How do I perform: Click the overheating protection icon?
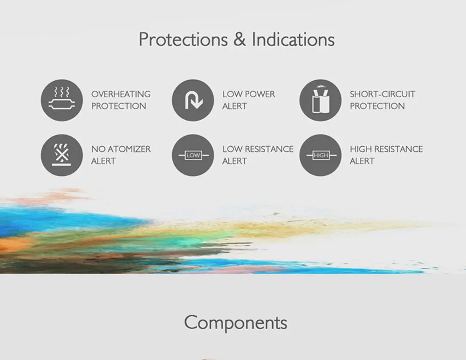[x=62, y=100]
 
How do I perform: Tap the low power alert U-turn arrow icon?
[x=193, y=100]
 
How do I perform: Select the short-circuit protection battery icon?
[x=321, y=100]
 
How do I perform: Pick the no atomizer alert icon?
[x=62, y=155]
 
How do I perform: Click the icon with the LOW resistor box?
[x=193, y=155]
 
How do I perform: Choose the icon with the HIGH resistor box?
[x=321, y=155]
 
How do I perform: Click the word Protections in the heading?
[x=183, y=40]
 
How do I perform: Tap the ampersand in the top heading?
[x=240, y=39]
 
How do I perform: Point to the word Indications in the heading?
[x=293, y=39]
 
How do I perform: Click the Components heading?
[x=236, y=323]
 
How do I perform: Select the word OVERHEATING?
[x=121, y=94]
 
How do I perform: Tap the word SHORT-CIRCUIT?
[x=383, y=94]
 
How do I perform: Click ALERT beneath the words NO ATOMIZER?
[x=103, y=161]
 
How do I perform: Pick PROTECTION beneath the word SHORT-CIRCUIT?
[x=377, y=106]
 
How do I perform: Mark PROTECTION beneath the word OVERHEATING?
[x=118, y=106]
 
